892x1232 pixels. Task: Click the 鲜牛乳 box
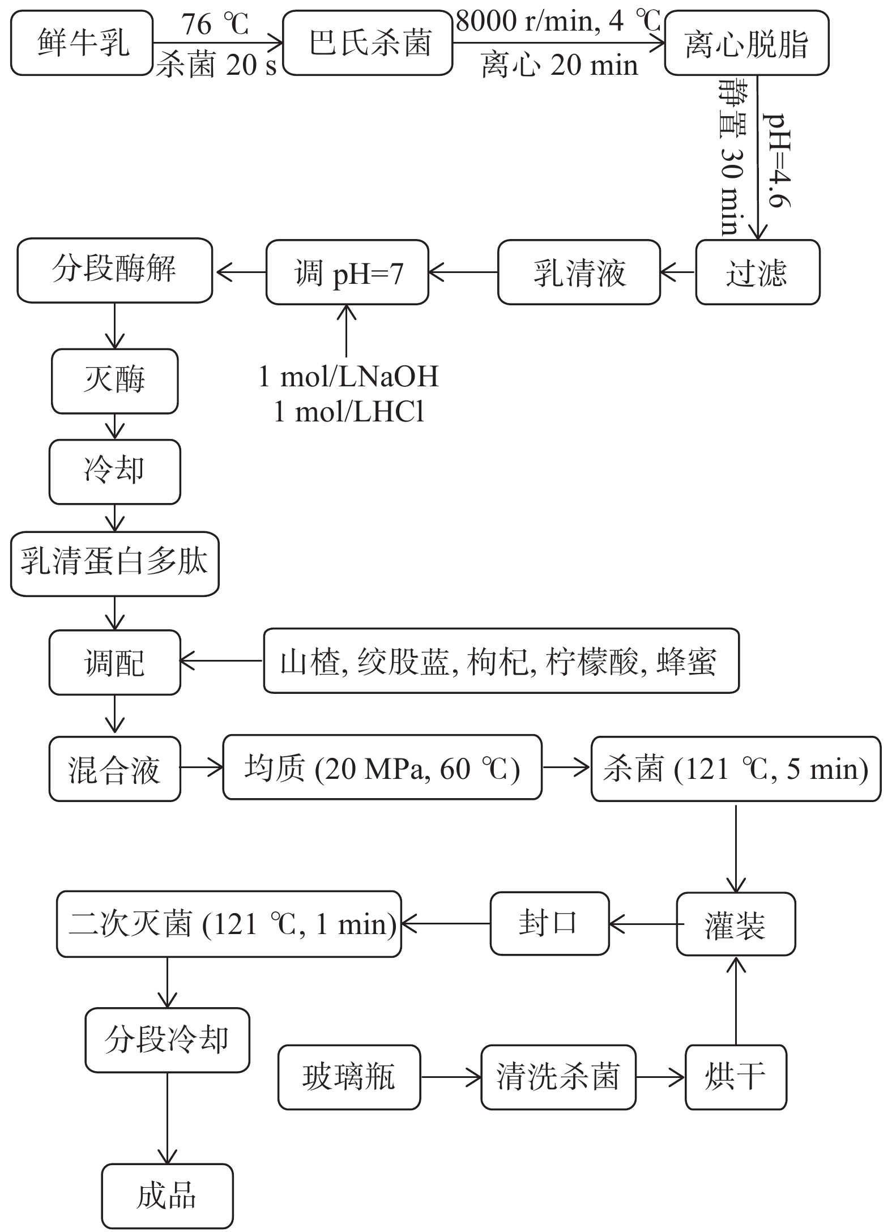point(82,43)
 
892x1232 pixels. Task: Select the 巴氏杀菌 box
point(368,43)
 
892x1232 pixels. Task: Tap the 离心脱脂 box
point(746,43)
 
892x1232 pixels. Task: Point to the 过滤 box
point(757,272)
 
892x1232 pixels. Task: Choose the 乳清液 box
point(579,272)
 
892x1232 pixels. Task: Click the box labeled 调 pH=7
point(347,272)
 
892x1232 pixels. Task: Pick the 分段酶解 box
point(114,270)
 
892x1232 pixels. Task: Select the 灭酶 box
point(114,381)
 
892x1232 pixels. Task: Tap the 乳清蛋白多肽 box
point(114,564)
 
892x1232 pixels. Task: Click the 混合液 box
point(114,769)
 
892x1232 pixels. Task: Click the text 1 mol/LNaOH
point(348,377)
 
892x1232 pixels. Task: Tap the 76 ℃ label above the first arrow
point(215,24)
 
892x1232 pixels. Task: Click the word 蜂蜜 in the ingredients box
point(686,661)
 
